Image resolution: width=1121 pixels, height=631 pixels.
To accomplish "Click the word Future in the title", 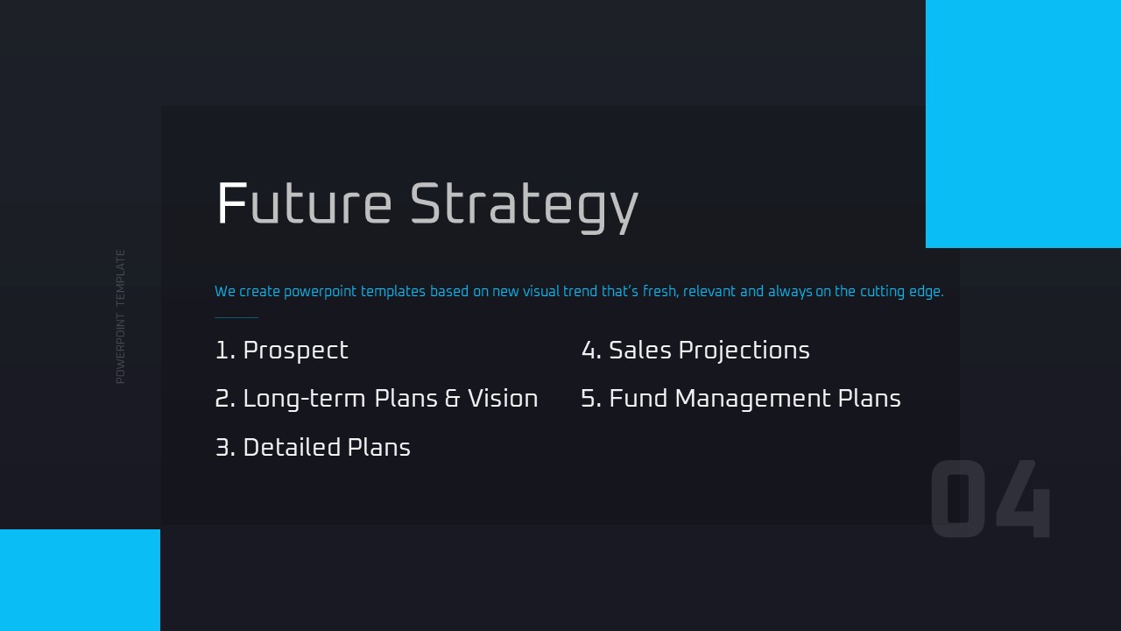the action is pyautogui.click(x=304, y=203).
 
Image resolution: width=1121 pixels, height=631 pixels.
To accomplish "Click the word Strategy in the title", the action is pyautogui.click(x=524, y=208).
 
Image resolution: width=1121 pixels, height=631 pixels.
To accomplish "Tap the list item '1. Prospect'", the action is pyautogui.click(x=282, y=351).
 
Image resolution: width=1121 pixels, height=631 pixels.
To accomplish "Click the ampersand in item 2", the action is pyautogui.click(x=452, y=399).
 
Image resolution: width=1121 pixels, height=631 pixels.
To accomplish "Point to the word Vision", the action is pyautogui.click(x=503, y=399).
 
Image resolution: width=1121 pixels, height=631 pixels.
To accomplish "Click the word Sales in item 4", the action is pyautogui.click(x=639, y=350).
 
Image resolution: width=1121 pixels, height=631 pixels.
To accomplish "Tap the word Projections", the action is pyautogui.click(x=744, y=351).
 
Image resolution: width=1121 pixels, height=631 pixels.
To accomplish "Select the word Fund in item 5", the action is pyautogui.click(x=638, y=399).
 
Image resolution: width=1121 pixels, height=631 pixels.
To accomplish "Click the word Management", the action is pyautogui.click(x=752, y=400).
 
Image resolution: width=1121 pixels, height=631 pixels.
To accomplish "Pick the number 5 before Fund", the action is pyautogui.click(x=590, y=399).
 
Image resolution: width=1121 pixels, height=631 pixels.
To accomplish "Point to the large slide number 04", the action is pyautogui.click(x=990, y=499).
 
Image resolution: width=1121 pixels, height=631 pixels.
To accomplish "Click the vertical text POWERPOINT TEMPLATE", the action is pyautogui.click(x=120, y=317).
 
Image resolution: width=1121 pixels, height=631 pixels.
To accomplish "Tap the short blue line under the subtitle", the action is pyautogui.click(x=236, y=317).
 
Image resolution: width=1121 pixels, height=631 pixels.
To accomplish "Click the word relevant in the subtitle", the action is pyautogui.click(x=709, y=291).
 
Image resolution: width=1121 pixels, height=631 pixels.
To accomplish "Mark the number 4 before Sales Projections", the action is pyautogui.click(x=590, y=350).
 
